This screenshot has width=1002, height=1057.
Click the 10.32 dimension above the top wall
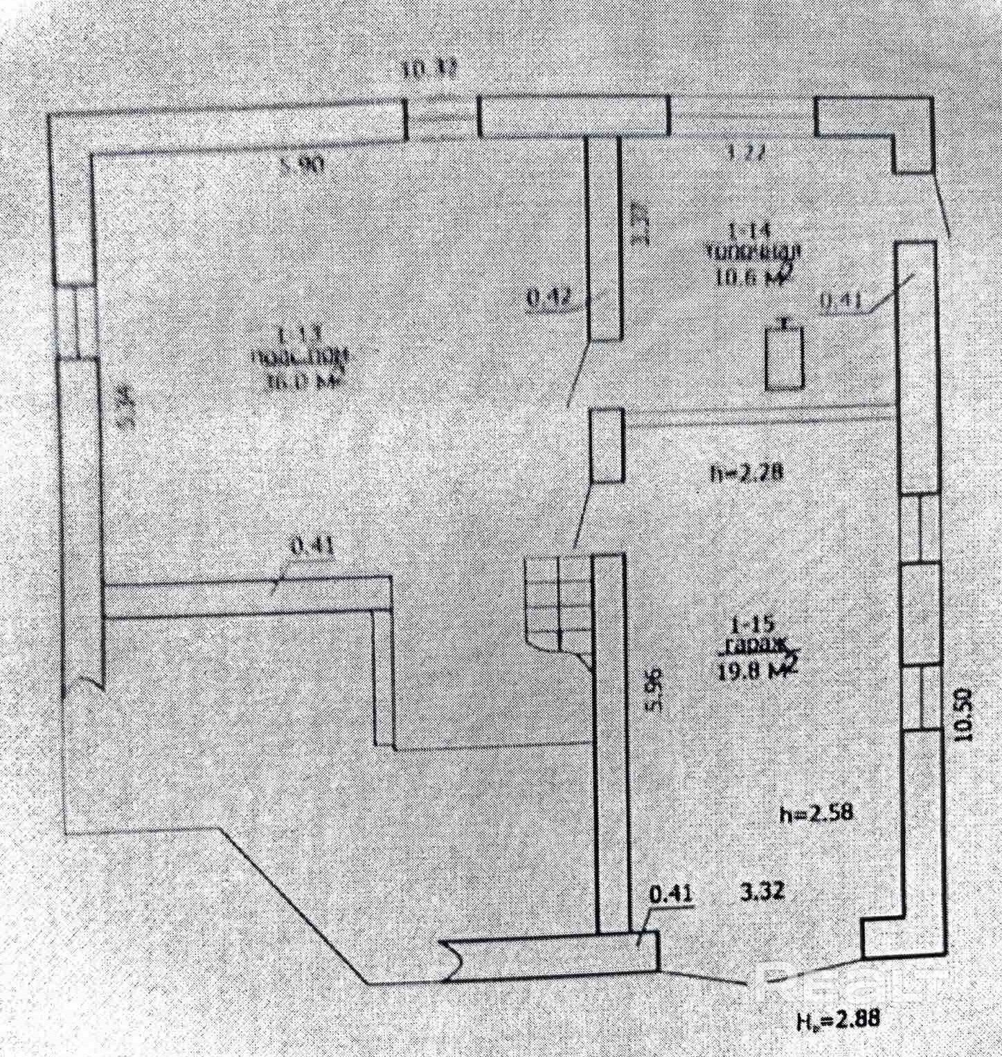(429, 70)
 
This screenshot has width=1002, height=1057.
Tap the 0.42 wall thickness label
(548, 298)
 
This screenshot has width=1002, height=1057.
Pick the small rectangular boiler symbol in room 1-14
(785, 359)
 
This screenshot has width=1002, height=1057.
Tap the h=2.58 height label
(816, 813)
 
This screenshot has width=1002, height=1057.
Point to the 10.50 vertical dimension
(963, 715)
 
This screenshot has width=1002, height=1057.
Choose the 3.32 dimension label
(762, 892)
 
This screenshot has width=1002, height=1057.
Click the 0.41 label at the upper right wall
(840, 300)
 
